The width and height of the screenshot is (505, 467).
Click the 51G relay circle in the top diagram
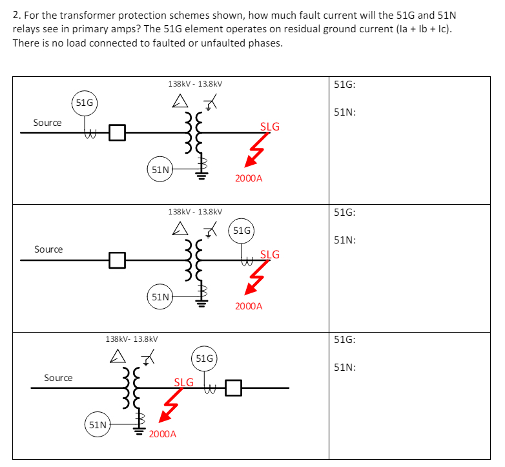[84, 103]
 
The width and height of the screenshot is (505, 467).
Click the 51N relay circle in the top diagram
[160, 170]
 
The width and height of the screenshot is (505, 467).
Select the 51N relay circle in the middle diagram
[160, 297]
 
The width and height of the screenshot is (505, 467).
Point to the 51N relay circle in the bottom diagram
[98, 425]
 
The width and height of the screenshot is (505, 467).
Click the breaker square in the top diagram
[117, 133]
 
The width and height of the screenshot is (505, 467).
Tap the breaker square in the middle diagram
[117, 260]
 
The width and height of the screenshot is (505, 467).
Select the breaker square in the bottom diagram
[233, 389]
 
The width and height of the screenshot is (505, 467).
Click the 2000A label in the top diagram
[249, 178]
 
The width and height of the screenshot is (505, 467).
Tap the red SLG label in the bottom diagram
[184, 382]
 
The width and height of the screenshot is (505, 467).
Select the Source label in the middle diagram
[48, 249]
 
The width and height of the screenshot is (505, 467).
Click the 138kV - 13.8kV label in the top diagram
[195, 84]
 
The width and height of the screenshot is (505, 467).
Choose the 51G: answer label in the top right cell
[346, 85]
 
